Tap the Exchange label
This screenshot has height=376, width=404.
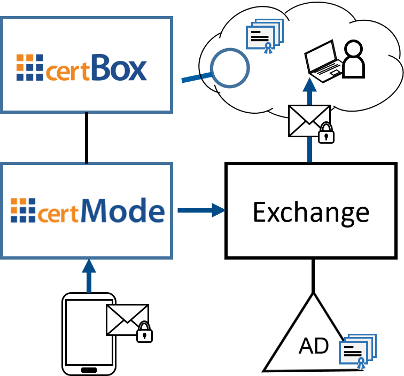click(310, 211)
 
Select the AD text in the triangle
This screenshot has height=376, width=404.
click(314, 346)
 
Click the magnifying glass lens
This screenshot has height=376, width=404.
click(230, 68)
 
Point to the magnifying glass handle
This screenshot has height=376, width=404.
click(196, 78)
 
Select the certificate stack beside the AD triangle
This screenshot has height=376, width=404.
click(358, 351)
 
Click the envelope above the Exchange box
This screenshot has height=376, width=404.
click(308, 121)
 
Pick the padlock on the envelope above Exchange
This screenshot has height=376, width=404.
click(326, 134)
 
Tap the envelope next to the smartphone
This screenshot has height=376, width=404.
click(126, 319)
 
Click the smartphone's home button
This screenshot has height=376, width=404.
click(89, 370)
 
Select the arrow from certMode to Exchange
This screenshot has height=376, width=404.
click(201, 210)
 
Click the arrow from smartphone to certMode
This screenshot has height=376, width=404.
click(89, 275)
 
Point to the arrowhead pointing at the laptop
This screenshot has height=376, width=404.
click(309, 85)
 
